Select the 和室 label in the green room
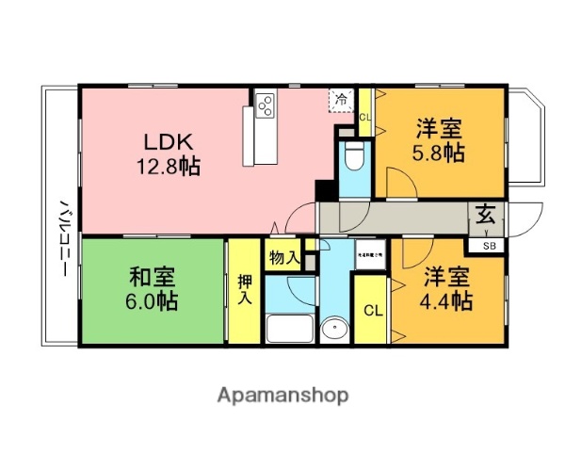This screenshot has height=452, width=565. tap(150, 278)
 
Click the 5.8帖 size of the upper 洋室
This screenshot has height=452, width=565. tap(438, 153)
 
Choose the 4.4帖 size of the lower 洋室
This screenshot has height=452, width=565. tap(445, 301)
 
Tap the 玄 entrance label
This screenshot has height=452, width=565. tap(485, 213)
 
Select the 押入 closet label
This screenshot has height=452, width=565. tap(244, 290)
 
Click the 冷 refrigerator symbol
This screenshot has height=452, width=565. tap(341, 98)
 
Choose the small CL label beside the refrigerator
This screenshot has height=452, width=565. tap(365, 117)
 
